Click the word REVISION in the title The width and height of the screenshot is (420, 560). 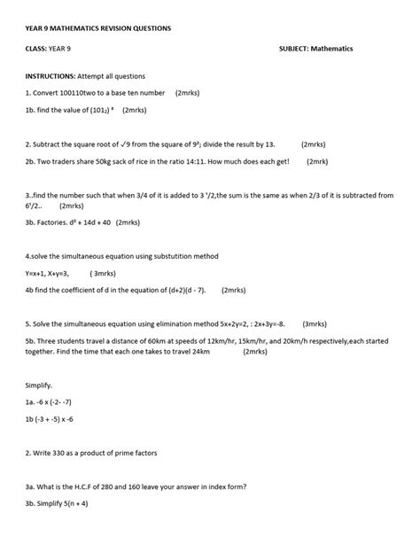[x=117, y=28]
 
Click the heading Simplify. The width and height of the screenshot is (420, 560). [x=40, y=385]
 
